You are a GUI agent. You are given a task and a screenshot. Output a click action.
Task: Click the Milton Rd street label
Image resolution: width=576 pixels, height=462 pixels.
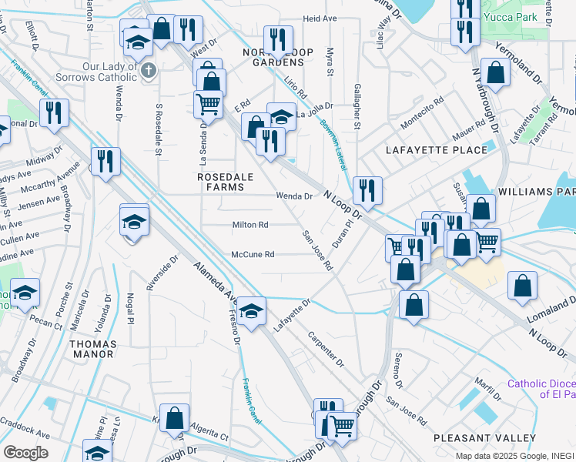pyautogui.click(x=250, y=225)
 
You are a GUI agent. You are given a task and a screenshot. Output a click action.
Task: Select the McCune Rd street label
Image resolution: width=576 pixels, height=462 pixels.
pyautogui.click(x=253, y=255)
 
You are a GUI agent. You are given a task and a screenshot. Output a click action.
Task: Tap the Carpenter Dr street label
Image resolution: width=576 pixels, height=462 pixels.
pyautogui.click(x=326, y=349)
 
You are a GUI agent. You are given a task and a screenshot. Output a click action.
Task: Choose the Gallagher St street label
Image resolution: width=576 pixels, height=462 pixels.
pyautogui.click(x=357, y=107)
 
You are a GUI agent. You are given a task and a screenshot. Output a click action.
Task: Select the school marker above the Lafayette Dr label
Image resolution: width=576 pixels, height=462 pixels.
pyautogui.click(x=251, y=310)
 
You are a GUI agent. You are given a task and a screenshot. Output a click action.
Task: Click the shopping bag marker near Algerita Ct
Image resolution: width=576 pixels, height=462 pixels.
pyautogui.click(x=175, y=417)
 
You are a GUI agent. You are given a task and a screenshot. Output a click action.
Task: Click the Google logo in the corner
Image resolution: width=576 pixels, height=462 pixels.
pyautogui.click(x=25, y=452)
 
